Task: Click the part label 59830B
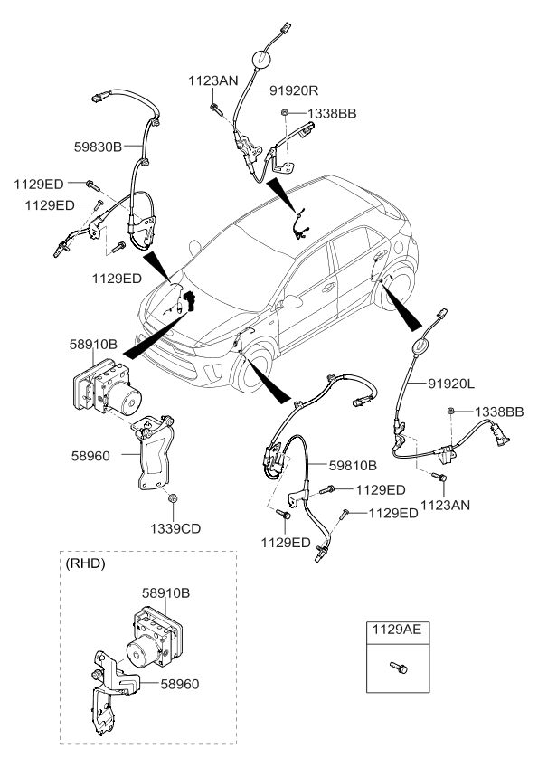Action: (x=99, y=143)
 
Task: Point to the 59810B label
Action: (x=353, y=467)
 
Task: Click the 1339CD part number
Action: (x=175, y=526)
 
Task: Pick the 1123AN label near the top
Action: (x=212, y=80)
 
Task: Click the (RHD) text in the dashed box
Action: (x=86, y=563)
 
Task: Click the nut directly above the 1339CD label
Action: (x=173, y=498)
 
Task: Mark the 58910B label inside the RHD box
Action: (x=167, y=593)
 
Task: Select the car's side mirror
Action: (x=291, y=302)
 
